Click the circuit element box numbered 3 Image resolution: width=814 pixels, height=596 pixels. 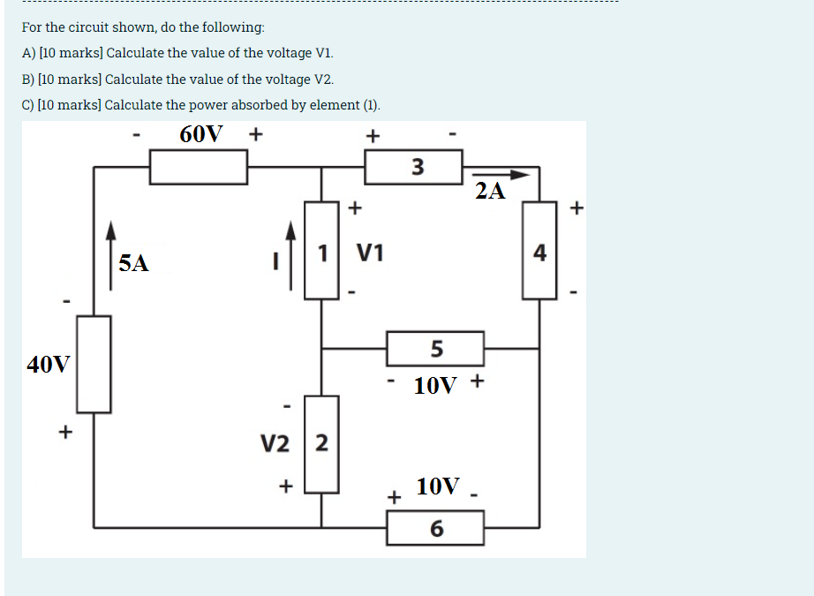(413, 167)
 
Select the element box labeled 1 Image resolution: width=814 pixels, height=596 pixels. (322, 251)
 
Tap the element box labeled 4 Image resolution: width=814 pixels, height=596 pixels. (539, 251)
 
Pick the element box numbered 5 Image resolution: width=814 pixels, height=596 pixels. (435, 349)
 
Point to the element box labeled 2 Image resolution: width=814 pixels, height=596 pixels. (321, 443)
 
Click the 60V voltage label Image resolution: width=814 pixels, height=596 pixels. (201, 134)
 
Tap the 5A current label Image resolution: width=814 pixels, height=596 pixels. (134, 262)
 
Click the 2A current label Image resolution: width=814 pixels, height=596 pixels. (490, 191)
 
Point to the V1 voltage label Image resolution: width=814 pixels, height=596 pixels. (371, 253)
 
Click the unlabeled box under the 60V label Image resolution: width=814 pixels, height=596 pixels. (198, 167)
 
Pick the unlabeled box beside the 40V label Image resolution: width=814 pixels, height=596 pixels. (94, 364)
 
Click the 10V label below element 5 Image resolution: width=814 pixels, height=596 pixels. (436, 386)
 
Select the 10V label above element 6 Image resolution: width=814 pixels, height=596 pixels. (439, 486)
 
